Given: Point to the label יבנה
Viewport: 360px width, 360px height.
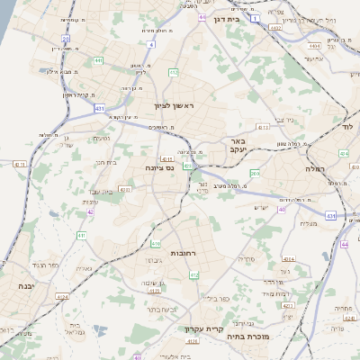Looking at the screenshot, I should (x=15, y=285).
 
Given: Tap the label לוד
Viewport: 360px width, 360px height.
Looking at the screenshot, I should (x=347, y=127).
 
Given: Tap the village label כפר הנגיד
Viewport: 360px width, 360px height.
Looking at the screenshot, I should (x=42, y=266).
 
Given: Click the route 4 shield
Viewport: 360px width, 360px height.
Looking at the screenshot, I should (x=152, y=43).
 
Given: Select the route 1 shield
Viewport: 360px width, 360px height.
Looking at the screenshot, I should (x=256, y=18).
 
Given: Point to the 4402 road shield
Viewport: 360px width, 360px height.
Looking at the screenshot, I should (x=275, y=28).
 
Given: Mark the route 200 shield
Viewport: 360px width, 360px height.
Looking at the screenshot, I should (x=255, y=173).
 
